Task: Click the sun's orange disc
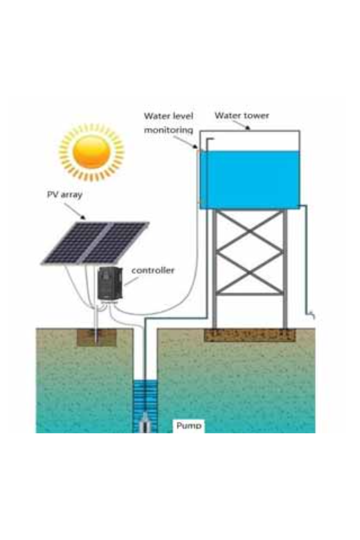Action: coord(92,152)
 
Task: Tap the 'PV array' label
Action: coord(65,195)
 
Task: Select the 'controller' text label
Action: coord(153,271)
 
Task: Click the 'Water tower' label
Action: coord(242,115)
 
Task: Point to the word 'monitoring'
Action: coord(168,130)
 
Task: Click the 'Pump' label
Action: coord(189,426)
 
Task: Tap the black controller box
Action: coord(110,283)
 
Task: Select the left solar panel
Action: coord(74,243)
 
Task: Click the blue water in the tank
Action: coord(250,180)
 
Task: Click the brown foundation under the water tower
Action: coord(250,335)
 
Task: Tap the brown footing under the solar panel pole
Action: coord(96,337)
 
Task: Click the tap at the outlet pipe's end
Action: coord(311,314)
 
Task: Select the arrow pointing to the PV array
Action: coord(75,211)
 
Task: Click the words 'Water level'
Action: coord(168,116)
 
